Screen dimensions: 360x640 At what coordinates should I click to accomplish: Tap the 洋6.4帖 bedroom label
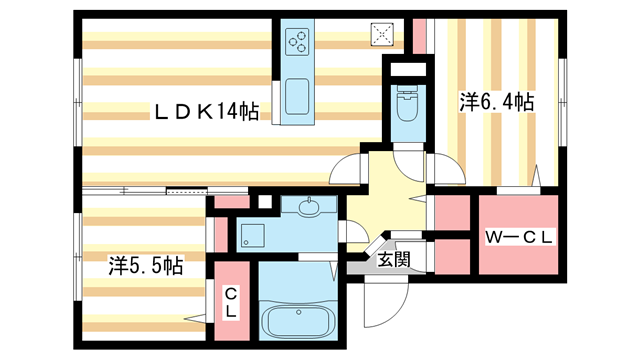click(x=496, y=102)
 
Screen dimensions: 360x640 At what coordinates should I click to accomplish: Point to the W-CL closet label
click(x=519, y=237)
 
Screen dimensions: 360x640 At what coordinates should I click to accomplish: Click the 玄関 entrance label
click(x=393, y=260)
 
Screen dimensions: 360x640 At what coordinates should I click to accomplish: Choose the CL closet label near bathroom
click(x=230, y=302)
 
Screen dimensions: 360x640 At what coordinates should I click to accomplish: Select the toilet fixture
click(x=407, y=106)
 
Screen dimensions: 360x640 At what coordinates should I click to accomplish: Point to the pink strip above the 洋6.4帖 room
click(x=421, y=35)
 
